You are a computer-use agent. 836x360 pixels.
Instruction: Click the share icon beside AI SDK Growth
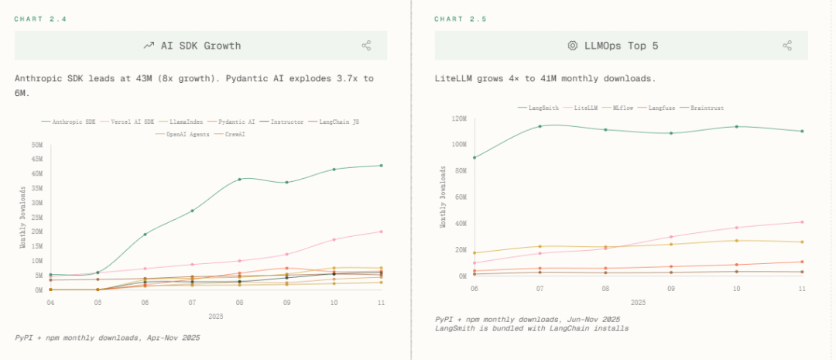click(366, 46)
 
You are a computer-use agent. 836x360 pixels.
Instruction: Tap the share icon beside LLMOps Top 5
click(787, 46)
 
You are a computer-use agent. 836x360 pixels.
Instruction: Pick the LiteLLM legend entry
click(586, 108)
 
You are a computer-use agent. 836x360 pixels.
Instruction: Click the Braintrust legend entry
click(704, 108)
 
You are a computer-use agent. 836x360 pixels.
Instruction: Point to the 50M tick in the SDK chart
click(37, 145)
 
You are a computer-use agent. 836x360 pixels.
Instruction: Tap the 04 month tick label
click(50, 302)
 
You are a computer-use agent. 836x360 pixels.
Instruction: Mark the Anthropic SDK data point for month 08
click(239, 179)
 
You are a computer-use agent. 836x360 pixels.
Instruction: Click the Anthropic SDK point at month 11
click(381, 165)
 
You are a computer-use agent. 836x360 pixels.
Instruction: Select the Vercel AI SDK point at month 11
click(381, 231)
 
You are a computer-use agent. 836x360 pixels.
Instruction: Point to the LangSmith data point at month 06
click(474, 157)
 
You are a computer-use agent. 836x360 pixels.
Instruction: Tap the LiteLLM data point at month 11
click(802, 222)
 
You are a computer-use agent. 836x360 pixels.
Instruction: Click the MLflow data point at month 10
click(736, 241)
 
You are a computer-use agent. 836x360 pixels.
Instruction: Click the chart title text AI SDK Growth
click(200, 46)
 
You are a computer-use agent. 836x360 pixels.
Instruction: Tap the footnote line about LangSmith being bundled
click(532, 328)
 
